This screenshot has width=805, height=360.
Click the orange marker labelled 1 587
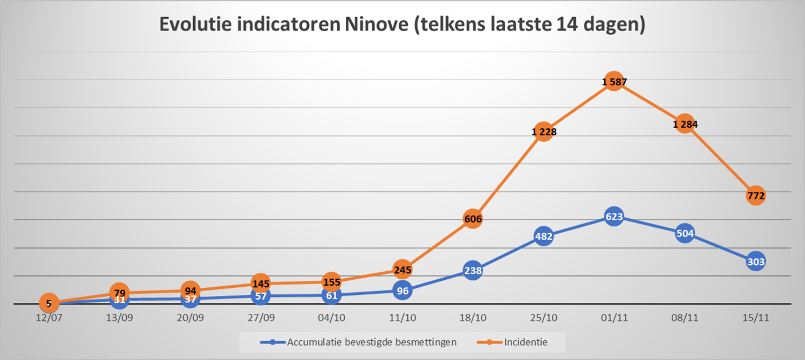[613, 82]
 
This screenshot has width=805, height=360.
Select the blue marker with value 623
[613, 218]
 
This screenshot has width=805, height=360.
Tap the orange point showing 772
[755, 196]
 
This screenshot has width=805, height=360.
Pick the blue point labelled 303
[755, 262]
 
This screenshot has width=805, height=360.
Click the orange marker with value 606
[473, 218]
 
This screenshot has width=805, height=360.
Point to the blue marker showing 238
[473, 271]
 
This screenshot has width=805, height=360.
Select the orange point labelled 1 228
[544, 132]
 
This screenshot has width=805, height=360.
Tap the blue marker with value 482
[544, 236]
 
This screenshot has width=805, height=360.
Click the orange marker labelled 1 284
[685, 124]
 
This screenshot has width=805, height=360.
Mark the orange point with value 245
[403, 270]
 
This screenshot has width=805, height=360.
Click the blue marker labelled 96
[403, 290]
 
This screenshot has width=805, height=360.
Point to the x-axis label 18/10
[473, 317]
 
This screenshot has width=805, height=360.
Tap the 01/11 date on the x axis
[613, 317]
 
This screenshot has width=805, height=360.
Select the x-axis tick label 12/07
[49, 317]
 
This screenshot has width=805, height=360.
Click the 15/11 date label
[755, 317]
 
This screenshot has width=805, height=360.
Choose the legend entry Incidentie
[525, 342]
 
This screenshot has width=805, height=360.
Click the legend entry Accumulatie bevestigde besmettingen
[371, 342]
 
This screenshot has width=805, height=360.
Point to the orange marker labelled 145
[261, 283]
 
